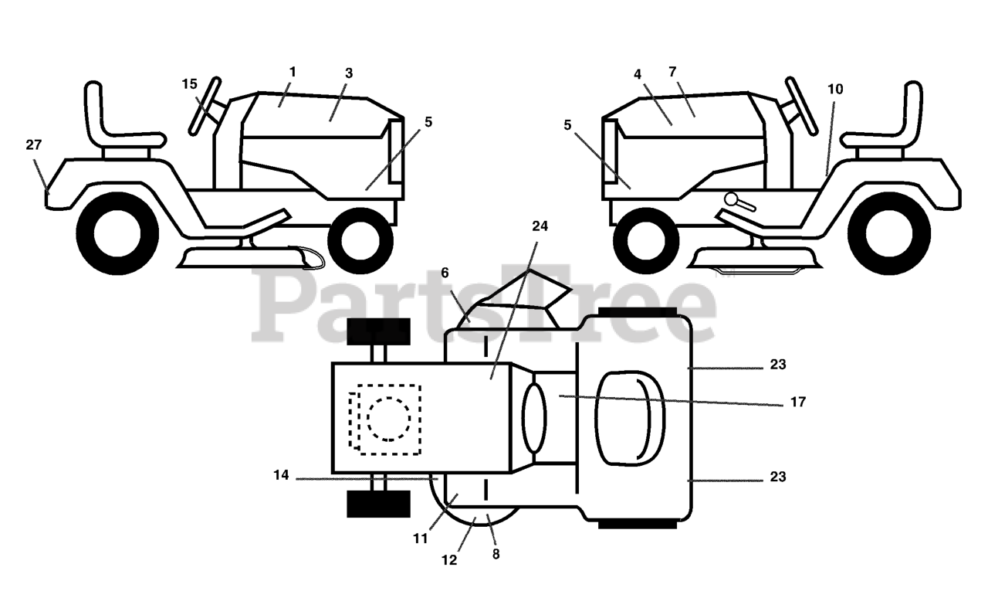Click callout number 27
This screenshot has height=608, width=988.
coord(34,144)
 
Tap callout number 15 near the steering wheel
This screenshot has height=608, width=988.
coord(190,84)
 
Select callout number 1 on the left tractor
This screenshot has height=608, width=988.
coord(293,72)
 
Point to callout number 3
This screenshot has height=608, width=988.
coord(349,73)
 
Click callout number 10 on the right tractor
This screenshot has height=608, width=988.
coord(835,89)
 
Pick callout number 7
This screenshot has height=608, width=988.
coord(672,72)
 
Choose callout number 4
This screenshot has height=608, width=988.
coord(638,74)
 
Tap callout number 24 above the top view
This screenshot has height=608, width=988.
coord(540,226)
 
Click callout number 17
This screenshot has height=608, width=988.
coord(797,402)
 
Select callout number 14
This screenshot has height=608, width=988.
coord(281,476)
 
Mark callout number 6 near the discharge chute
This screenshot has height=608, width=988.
coord(445,273)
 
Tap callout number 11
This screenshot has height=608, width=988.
coord(420,539)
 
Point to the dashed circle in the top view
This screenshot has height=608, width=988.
coord(389,418)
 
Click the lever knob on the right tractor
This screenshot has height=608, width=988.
coord(731,199)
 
